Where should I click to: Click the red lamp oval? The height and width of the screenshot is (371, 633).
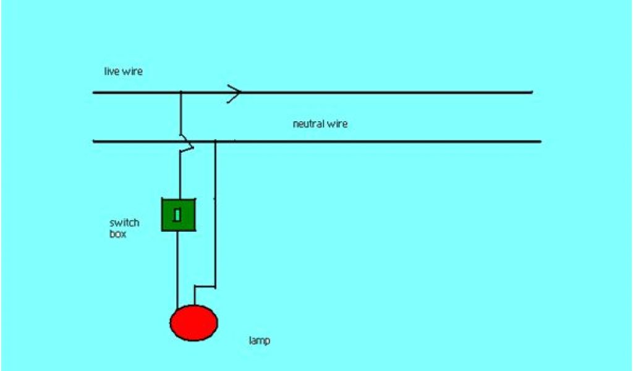click(x=194, y=322)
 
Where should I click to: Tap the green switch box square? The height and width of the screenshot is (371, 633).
click(x=179, y=214)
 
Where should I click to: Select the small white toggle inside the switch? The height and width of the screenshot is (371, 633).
click(x=178, y=215)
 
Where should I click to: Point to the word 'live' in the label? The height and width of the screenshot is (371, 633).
click(x=111, y=72)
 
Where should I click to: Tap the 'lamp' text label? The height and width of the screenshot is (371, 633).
click(x=259, y=341)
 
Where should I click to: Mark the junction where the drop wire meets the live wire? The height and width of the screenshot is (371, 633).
click(x=181, y=92)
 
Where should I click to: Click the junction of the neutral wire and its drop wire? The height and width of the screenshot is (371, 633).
click(x=215, y=142)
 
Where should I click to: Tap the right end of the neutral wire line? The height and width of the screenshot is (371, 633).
click(x=540, y=142)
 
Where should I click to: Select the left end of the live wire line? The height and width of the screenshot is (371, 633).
click(x=94, y=92)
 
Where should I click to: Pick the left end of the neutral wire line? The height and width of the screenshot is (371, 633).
click(x=94, y=142)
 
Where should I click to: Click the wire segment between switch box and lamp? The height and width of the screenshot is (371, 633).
click(x=178, y=269)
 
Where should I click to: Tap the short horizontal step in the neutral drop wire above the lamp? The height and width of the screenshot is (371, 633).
click(x=205, y=287)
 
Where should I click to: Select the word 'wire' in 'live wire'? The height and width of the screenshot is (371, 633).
click(x=132, y=72)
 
